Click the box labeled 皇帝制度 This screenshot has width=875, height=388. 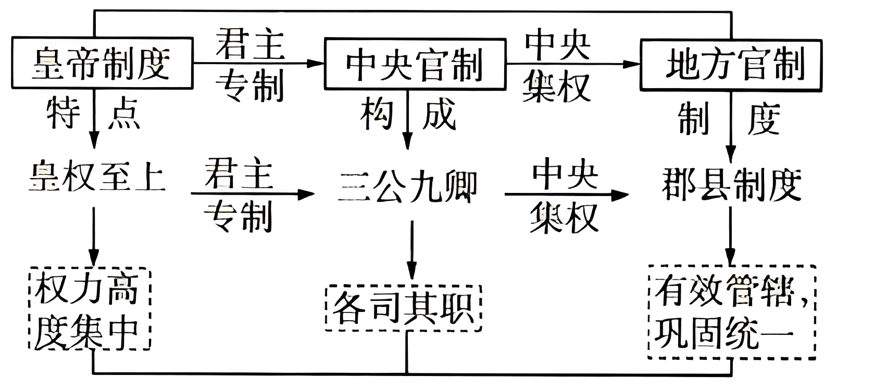102,63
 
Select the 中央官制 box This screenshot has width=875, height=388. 415,64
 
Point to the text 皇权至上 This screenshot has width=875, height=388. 97,177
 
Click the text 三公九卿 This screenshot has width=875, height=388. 407,187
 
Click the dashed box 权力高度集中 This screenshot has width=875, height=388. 89,309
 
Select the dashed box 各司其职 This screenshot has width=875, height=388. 403,308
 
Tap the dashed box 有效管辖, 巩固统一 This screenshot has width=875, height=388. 731,312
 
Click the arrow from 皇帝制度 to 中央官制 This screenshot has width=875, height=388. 258,63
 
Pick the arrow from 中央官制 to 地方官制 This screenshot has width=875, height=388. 573,64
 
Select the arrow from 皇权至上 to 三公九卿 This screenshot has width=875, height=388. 253,194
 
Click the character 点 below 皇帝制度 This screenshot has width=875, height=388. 124,114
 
